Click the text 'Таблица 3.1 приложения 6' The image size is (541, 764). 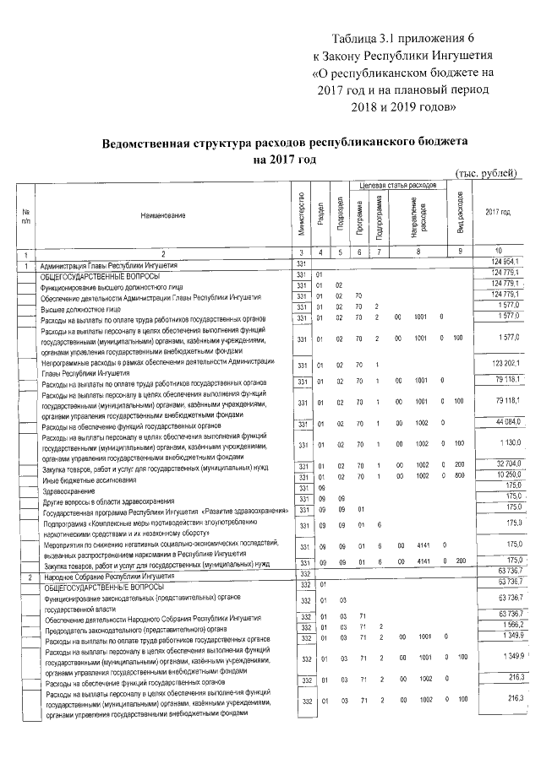405,40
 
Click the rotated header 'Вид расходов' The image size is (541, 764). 461,214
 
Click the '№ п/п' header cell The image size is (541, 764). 26,216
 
